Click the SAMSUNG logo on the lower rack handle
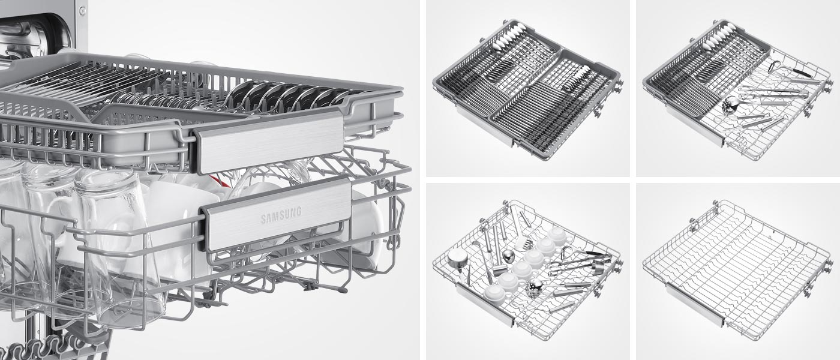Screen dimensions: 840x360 [281, 215]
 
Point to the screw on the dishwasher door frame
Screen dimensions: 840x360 [80, 11]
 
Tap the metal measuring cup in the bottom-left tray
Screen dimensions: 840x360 [455, 259]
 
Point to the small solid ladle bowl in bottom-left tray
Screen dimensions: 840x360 [508, 256]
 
